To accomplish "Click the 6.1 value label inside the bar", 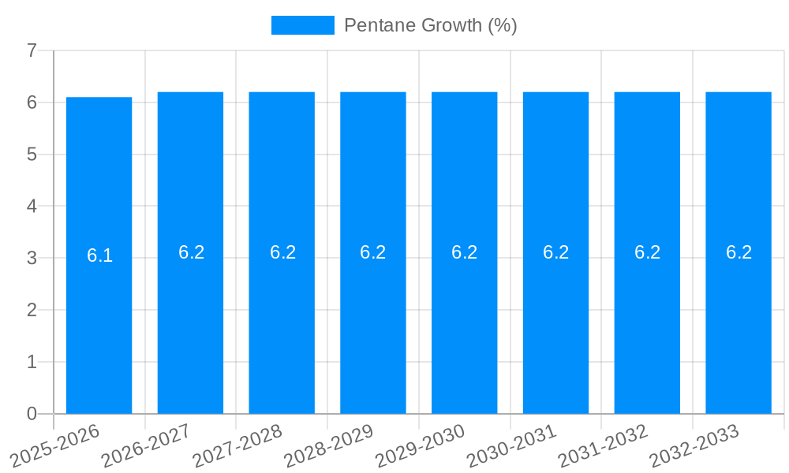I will (99, 255).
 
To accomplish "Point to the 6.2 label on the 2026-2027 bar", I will (191, 252).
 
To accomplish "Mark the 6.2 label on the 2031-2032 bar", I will (647, 252).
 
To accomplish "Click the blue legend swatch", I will (302, 25).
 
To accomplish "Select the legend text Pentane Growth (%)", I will (430, 25).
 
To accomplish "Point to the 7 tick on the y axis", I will (32, 50).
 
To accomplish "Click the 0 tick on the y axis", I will (32, 414).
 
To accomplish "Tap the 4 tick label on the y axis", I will (32, 207).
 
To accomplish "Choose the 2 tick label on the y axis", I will (32, 310).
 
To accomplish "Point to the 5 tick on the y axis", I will (32, 155).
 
